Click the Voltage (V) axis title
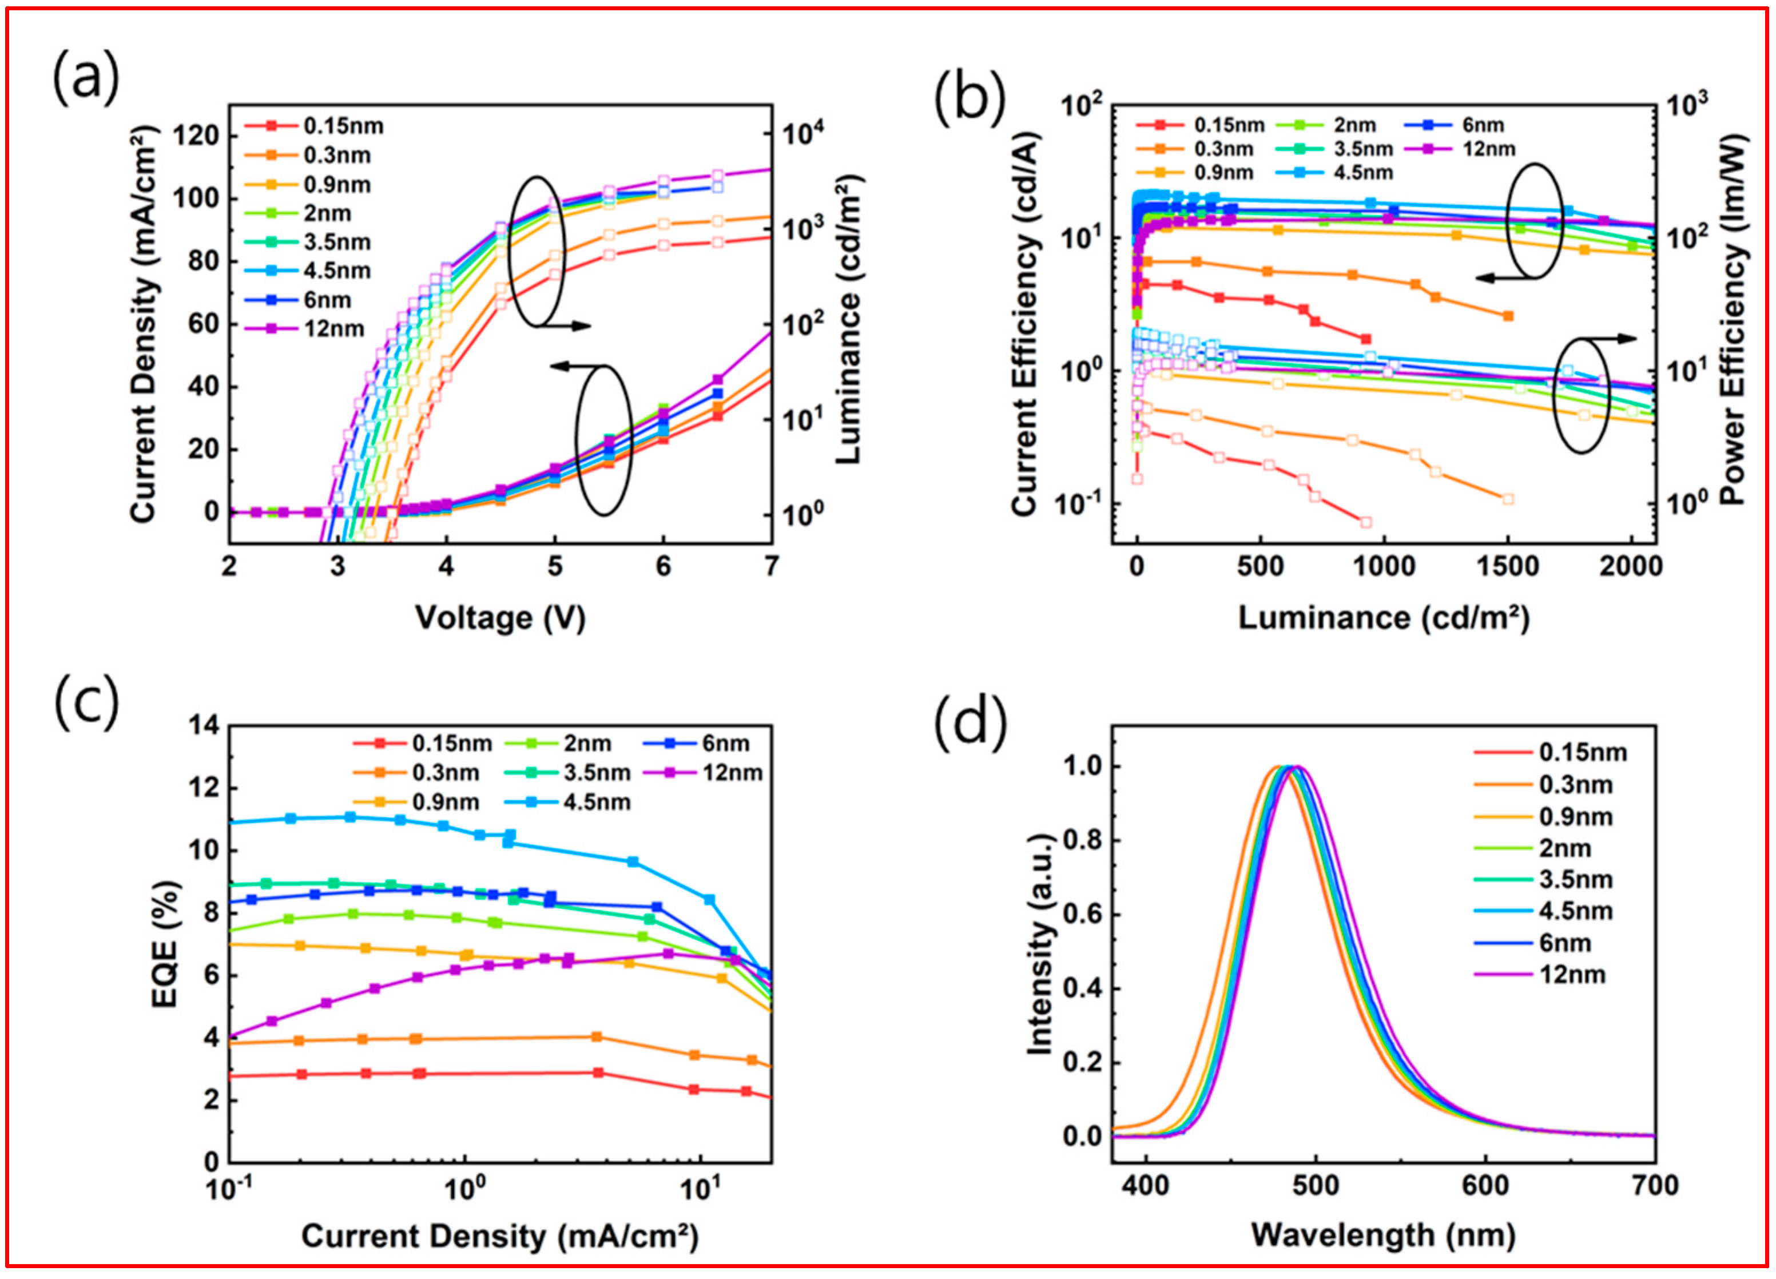[499, 618]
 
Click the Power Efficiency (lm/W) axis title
[1733, 320]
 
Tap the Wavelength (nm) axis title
[1383, 1235]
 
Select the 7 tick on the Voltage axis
[772, 566]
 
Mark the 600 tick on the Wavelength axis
[1485, 1185]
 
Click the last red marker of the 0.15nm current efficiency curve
[1366, 339]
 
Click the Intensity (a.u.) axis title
[1039, 944]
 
